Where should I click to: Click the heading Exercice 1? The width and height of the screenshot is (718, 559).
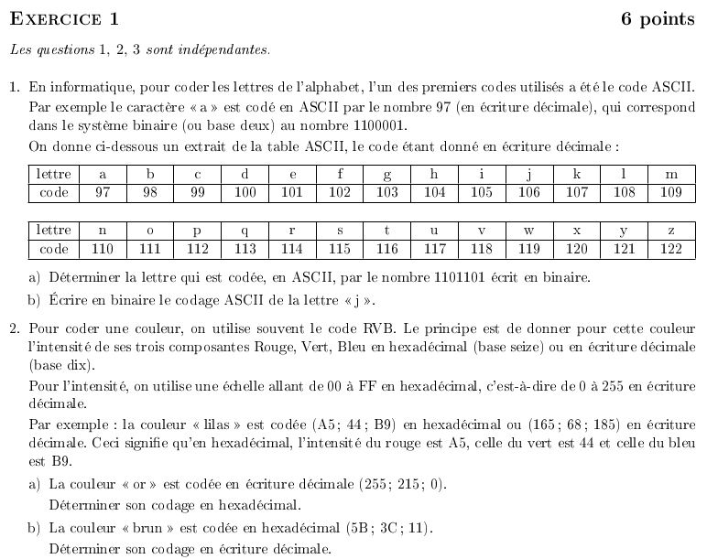64,19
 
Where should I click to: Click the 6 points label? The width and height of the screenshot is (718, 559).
658,19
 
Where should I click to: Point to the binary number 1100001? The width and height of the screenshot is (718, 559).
382,126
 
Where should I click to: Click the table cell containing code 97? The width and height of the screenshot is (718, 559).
101,192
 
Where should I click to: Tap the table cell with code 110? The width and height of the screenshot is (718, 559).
101,249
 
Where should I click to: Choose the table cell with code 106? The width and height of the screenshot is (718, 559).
528,192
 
